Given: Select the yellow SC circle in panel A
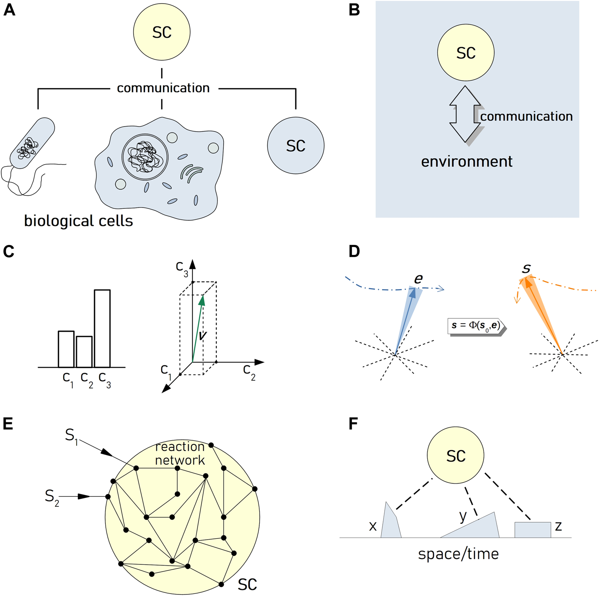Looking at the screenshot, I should tap(162, 32).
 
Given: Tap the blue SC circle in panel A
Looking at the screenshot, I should tap(296, 146).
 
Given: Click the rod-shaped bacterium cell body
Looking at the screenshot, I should tap(32, 143).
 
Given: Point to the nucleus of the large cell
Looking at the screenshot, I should tap(145, 157).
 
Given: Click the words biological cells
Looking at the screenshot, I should tap(79, 221).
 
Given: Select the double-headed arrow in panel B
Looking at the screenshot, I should tap(465, 114).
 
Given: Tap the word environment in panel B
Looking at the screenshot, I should tap(467, 161).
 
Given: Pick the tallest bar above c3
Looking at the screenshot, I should tap(102, 328).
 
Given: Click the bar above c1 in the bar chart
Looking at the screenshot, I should tap(66, 349).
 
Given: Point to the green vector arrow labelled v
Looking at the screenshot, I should tap(197, 328).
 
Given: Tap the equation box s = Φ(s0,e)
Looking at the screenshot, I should tap(476, 326).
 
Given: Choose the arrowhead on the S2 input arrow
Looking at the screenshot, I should tap(84, 496).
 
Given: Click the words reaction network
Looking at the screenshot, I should tap(180, 453).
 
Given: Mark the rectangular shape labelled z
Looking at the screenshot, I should tap(532, 530).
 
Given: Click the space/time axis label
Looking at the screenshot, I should tap(458, 554).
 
